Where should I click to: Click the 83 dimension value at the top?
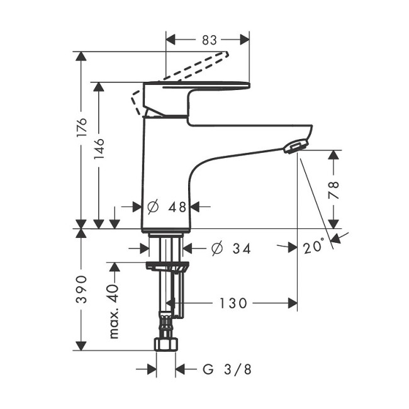[x=210, y=40]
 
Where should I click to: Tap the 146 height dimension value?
[x=99, y=149]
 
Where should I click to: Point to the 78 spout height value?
[x=333, y=190]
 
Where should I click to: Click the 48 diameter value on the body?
[x=177, y=207]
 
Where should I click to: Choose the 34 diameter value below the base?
[x=242, y=249]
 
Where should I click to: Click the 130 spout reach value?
[x=233, y=303]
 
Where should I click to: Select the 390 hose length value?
[x=81, y=289]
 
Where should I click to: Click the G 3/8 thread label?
[x=227, y=369]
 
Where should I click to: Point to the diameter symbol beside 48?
[x=153, y=207]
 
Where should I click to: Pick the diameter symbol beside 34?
[x=217, y=249]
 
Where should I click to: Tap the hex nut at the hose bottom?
[x=166, y=344]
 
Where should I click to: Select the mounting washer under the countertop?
[x=167, y=267]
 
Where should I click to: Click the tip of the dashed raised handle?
[x=227, y=53]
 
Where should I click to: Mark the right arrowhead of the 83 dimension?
[x=245, y=40]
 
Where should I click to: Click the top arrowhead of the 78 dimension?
[x=333, y=155]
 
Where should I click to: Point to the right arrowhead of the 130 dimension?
[x=293, y=303]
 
